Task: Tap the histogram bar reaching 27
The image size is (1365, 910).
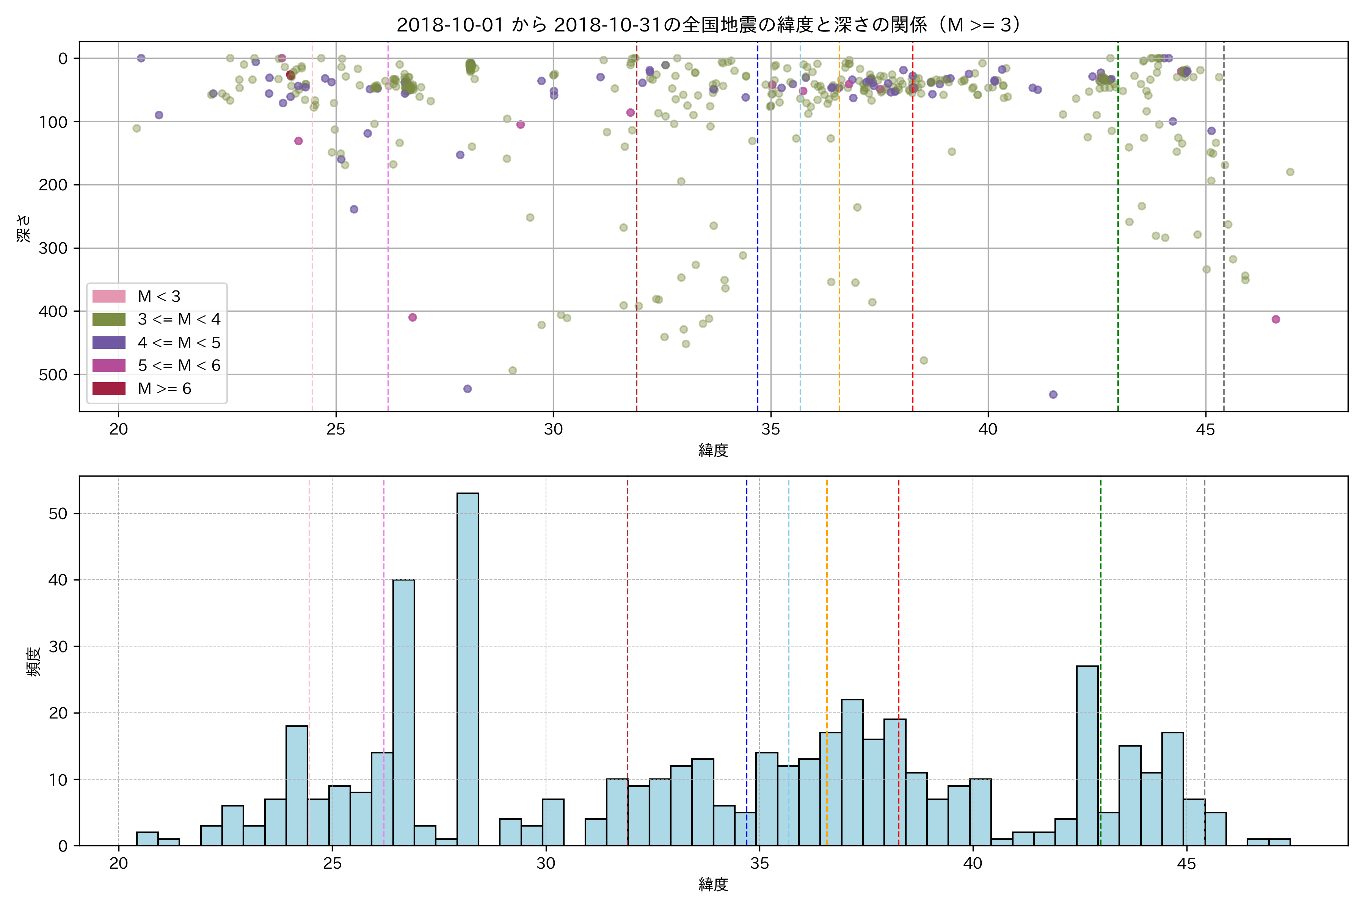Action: pyautogui.click(x=1087, y=755)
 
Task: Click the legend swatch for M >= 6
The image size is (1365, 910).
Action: pyautogui.click(x=109, y=388)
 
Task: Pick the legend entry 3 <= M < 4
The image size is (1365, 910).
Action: pyautogui.click(x=179, y=319)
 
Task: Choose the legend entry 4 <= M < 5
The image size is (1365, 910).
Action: pyautogui.click(x=179, y=342)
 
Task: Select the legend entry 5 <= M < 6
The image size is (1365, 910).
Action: pyautogui.click(x=179, y=365)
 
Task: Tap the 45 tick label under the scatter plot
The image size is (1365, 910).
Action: pyautogui.click(x=1205, y=430)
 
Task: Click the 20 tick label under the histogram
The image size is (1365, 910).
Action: pyautogui.click(x=118, y=864)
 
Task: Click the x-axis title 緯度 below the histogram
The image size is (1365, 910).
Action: pyautogui.click(x=713, y=885)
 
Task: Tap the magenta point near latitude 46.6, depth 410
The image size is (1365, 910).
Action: pyautogui.click(x=1276, y=319)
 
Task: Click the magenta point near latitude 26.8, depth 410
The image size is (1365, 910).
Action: pyautogui.click(x=412, y=317)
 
